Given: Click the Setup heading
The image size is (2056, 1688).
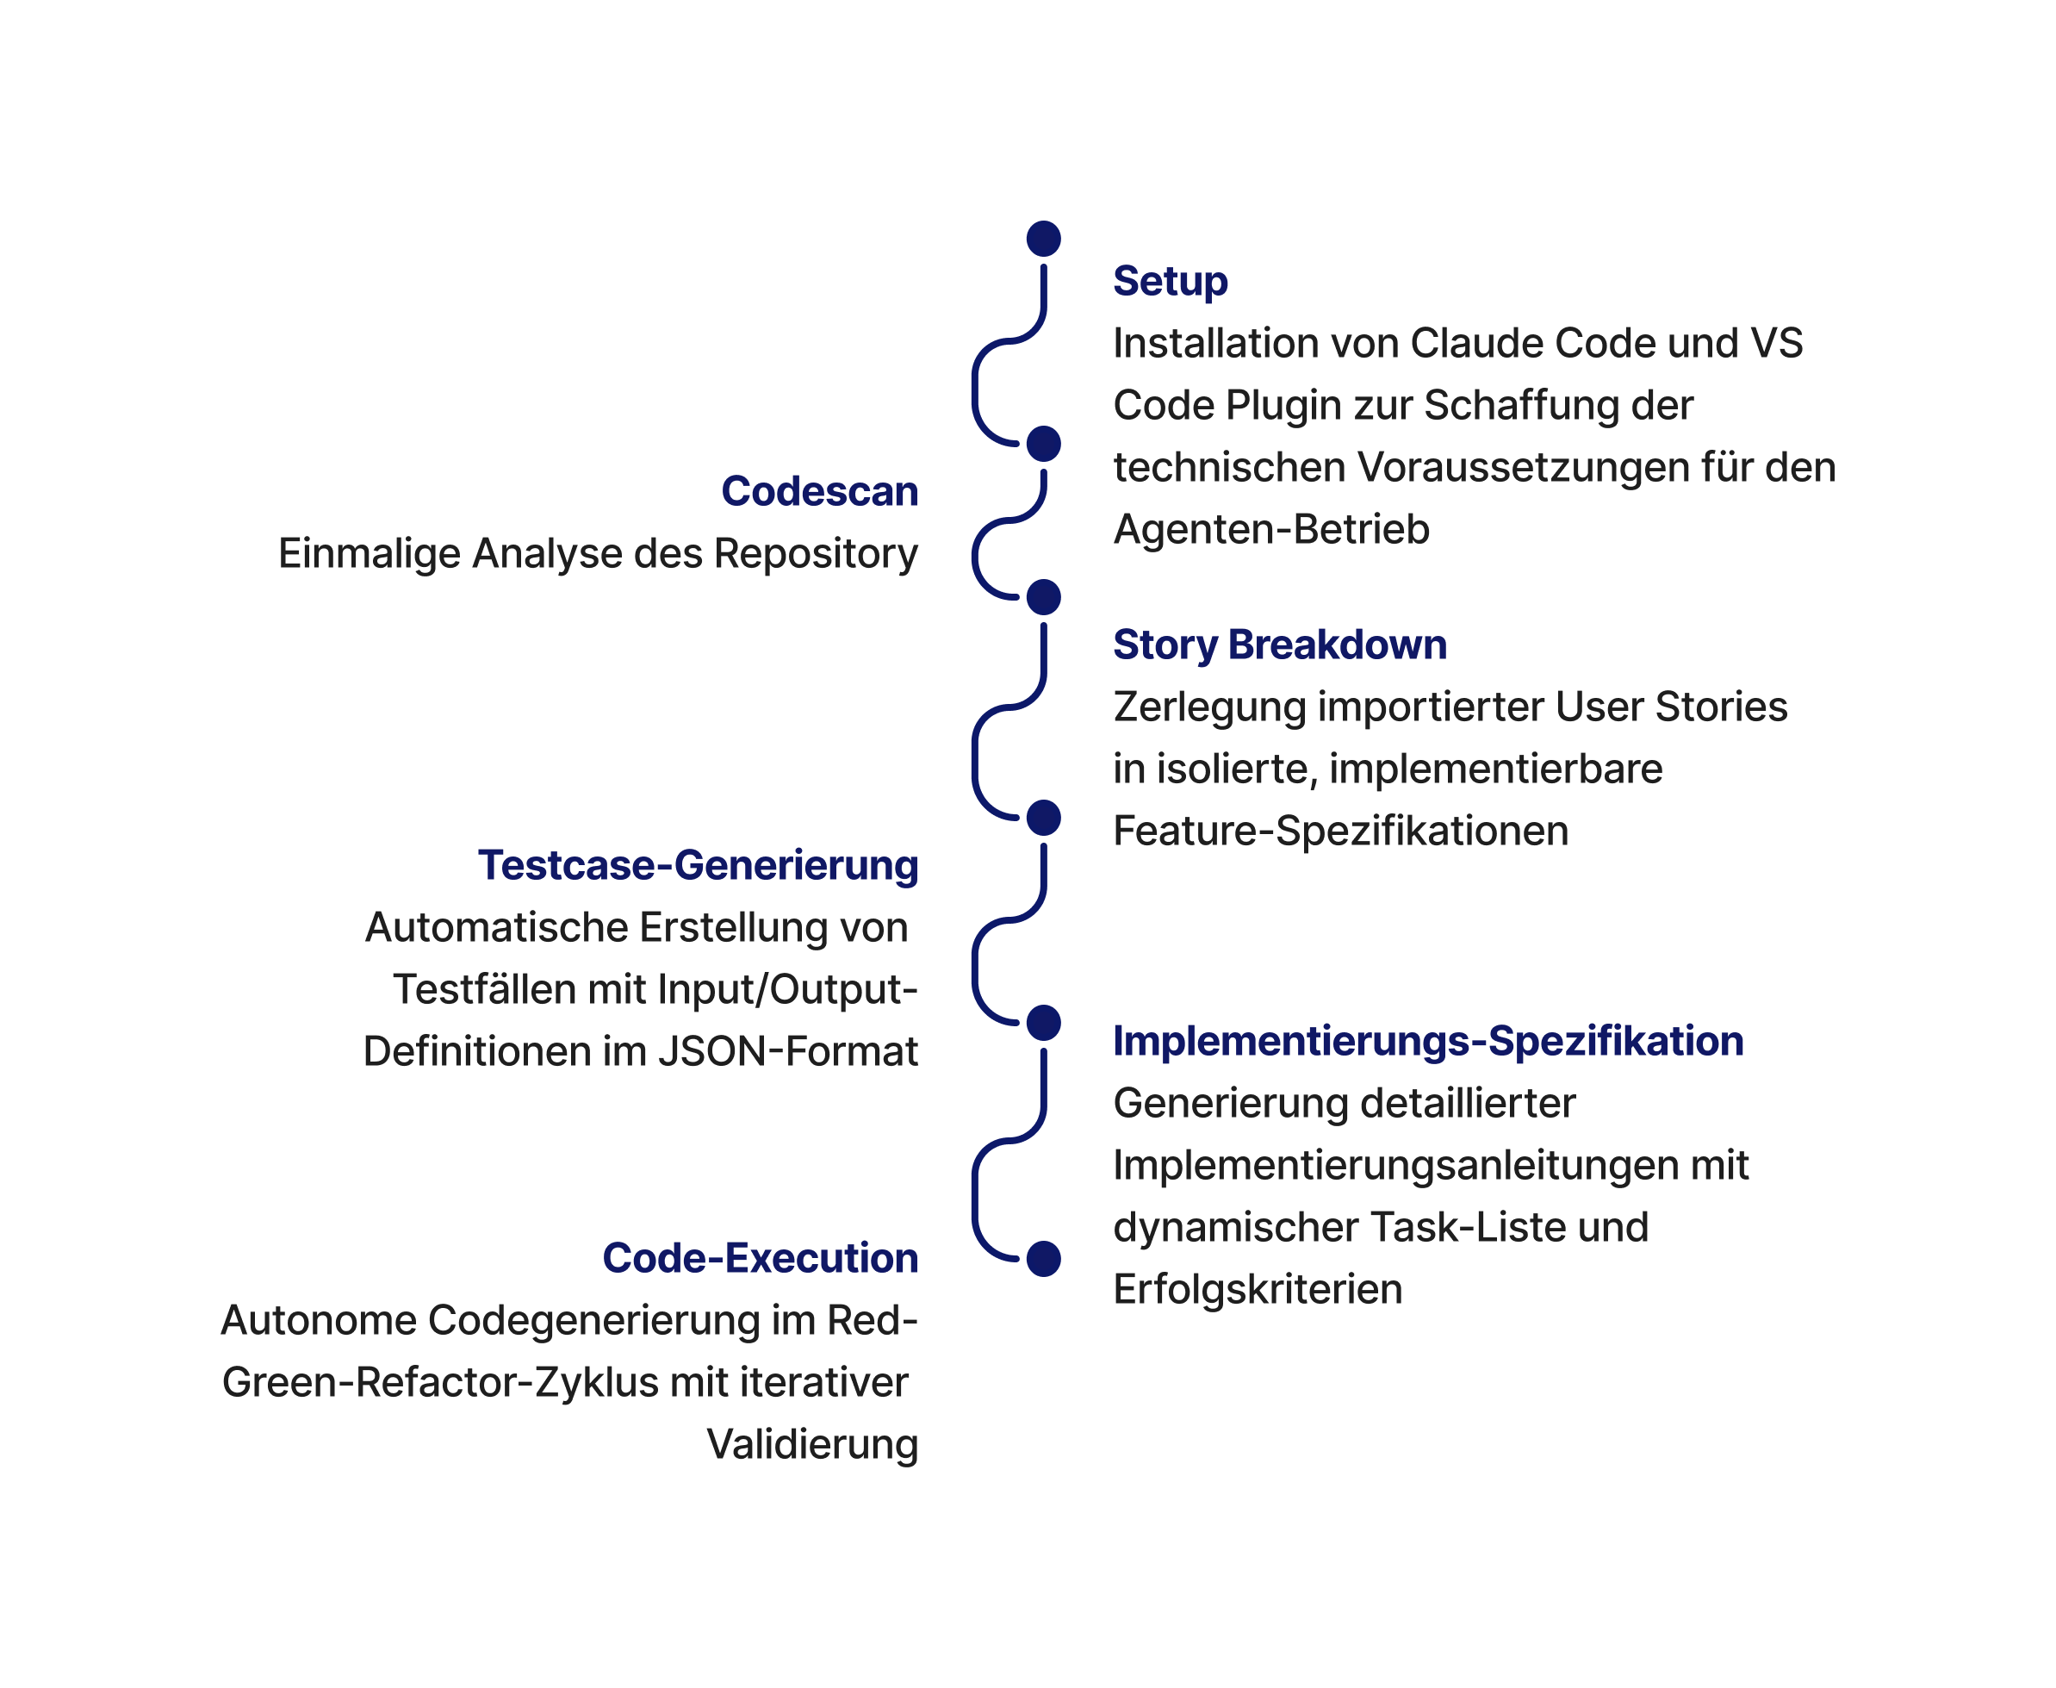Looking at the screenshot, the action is (1170, 281).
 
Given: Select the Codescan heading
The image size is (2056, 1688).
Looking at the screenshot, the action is (818, 491).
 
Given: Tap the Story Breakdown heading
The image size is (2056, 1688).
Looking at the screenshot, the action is (1279, 645).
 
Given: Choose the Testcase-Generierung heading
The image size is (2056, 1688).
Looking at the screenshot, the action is (697, 865).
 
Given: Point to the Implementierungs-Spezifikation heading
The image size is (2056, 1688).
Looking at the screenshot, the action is (1427, 1042).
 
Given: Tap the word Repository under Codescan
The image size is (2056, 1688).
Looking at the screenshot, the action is (815, 554).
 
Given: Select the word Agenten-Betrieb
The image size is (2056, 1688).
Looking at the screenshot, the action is (1270, 530).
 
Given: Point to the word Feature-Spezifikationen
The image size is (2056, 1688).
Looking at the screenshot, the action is (1339, 832).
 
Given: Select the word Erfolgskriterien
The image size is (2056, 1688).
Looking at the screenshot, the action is (1257, 1290).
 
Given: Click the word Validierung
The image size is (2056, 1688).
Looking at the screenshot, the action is (811, 1445).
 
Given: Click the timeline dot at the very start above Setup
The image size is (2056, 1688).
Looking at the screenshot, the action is (1043, 238).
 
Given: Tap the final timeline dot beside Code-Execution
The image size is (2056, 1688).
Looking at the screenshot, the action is (1043, 1258).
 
